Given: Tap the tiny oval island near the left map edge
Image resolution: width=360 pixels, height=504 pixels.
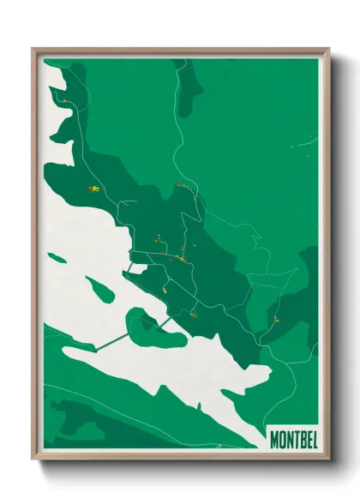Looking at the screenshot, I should [x=57, y=257].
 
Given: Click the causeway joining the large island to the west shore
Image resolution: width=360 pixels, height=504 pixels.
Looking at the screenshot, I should [x=111, y=341].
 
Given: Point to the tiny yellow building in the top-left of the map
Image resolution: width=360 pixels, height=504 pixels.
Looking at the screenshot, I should [x=63, y=100].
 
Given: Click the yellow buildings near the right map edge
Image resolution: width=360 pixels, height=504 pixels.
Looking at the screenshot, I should [x=276, y=320].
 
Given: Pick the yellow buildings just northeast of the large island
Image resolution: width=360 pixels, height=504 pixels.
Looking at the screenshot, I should [x=192, y=315].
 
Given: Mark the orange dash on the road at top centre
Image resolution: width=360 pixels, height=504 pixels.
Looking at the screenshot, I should [x=180, y=184].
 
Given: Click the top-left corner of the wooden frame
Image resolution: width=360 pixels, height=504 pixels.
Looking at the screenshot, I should [x=33, y=50].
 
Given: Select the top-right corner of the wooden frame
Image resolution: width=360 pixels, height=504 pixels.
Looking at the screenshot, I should [x=328, y=50].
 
